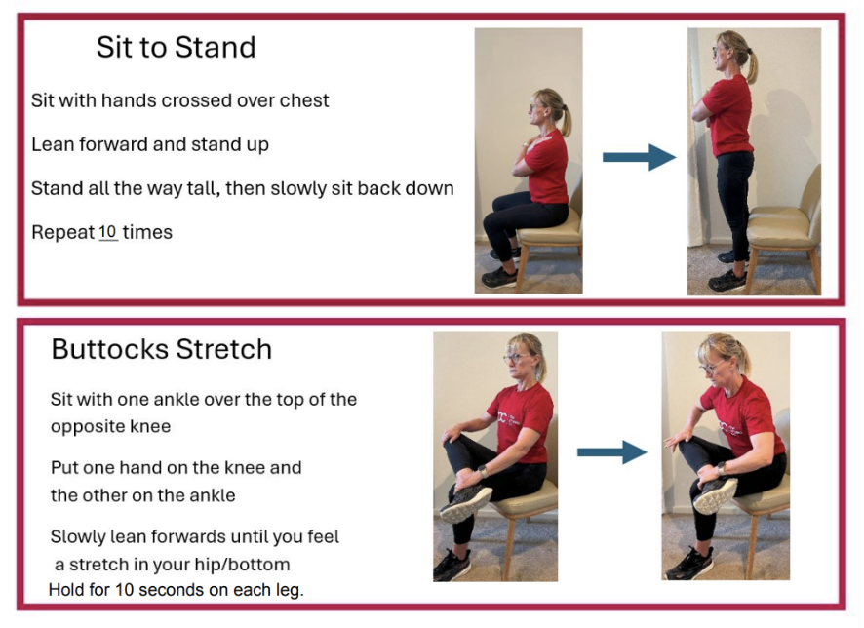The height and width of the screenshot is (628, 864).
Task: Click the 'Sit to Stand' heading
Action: tap(176, 47)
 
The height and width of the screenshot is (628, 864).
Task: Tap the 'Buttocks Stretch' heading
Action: tap(162, 349)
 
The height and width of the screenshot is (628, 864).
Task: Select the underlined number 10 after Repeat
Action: tap(107, 232)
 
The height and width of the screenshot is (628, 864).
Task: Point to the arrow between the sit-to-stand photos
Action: tap(639, 158)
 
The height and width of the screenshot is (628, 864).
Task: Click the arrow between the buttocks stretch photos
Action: tap(612, 452)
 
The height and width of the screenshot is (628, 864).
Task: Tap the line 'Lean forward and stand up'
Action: tap(150, 144)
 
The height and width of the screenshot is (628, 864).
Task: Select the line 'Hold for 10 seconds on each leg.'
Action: tap(177, 590)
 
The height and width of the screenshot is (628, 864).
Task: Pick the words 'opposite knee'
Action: tap(111, 426)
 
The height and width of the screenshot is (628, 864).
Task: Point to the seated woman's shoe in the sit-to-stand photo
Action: tap(498, 278)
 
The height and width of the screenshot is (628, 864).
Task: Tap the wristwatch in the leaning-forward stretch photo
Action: tap(722, 469)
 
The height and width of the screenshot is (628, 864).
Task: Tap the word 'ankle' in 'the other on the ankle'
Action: tap(213, 495)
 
